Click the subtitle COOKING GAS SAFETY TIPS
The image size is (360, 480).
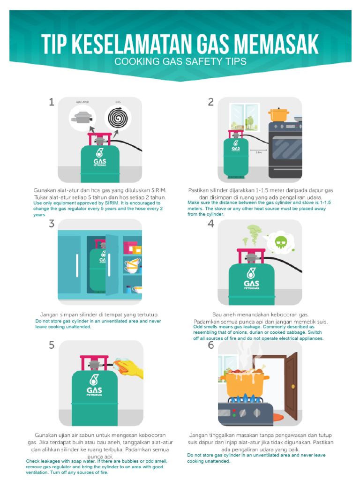pos(180,61)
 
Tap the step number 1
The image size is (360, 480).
pos(52,102)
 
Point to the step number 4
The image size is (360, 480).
pos(211,224)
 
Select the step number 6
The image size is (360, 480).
pos(211,345)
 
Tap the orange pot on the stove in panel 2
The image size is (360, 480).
pos(278,114)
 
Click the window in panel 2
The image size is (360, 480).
pos(244,117)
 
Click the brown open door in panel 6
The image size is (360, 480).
pos(291,386)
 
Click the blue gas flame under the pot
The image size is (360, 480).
pos(245,400)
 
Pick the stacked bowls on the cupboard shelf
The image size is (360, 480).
pos(133,265)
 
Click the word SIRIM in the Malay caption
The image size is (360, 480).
pos(157,190)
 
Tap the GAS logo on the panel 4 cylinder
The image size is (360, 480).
pos(251,284)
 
